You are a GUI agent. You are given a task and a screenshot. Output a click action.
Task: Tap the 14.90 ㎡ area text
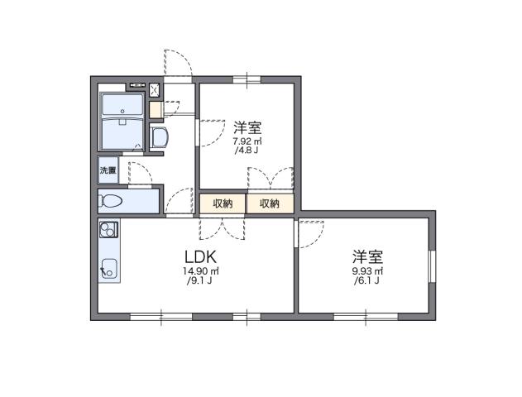click(200, 271)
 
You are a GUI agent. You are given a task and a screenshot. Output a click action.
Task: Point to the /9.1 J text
click(201, 282)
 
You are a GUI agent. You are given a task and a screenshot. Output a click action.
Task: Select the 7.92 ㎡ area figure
click(247, 141)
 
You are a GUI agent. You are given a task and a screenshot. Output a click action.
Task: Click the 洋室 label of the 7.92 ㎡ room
click(247, 127)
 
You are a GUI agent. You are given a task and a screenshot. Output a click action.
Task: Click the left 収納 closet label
click(222, 203)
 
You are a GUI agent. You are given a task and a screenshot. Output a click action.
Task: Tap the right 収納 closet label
click(269, 203)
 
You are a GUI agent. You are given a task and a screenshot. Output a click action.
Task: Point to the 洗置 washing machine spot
click(108, 170)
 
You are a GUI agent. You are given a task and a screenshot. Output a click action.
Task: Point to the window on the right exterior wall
click(430, 265)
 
